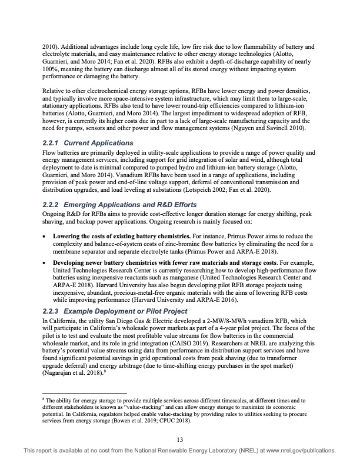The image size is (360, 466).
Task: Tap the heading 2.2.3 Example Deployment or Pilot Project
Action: coord(115,311)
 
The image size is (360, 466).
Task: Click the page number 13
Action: coord(180,438)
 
